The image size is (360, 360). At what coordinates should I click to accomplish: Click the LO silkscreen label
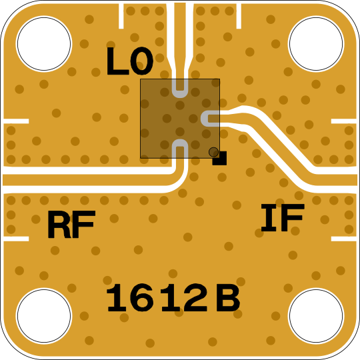[130, 61]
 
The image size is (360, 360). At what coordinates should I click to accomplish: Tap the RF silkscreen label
[71, 224]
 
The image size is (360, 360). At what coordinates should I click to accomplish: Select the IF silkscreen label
[283, 217]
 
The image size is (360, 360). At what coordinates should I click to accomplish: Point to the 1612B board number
[173, 298]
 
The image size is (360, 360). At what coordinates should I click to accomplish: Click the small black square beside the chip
[220, 158]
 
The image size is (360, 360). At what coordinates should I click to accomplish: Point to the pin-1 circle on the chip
[213, 152]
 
